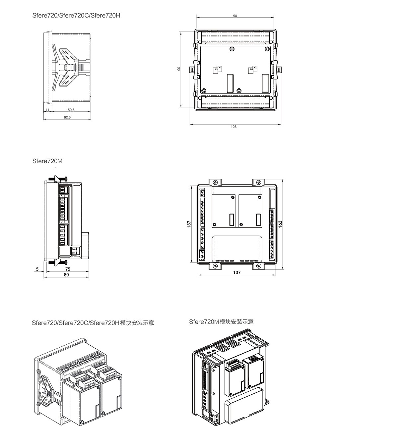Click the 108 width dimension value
point(233,127)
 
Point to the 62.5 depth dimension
point(67,117)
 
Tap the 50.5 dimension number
point(71,110)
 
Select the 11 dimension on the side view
point(47,110)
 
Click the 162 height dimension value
point(280,224)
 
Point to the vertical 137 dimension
point(189,224)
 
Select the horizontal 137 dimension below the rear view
point(237,272)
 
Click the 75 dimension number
point(68,269)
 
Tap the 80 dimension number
point(66,275)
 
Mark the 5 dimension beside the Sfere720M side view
point(37,269)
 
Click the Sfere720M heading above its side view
point(47,161)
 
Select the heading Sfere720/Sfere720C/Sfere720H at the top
point(76,15)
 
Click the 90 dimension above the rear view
point(235,16)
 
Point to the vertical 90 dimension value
point(179,69)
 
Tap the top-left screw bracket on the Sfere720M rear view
point(215,182)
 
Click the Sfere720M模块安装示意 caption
point(221,322)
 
